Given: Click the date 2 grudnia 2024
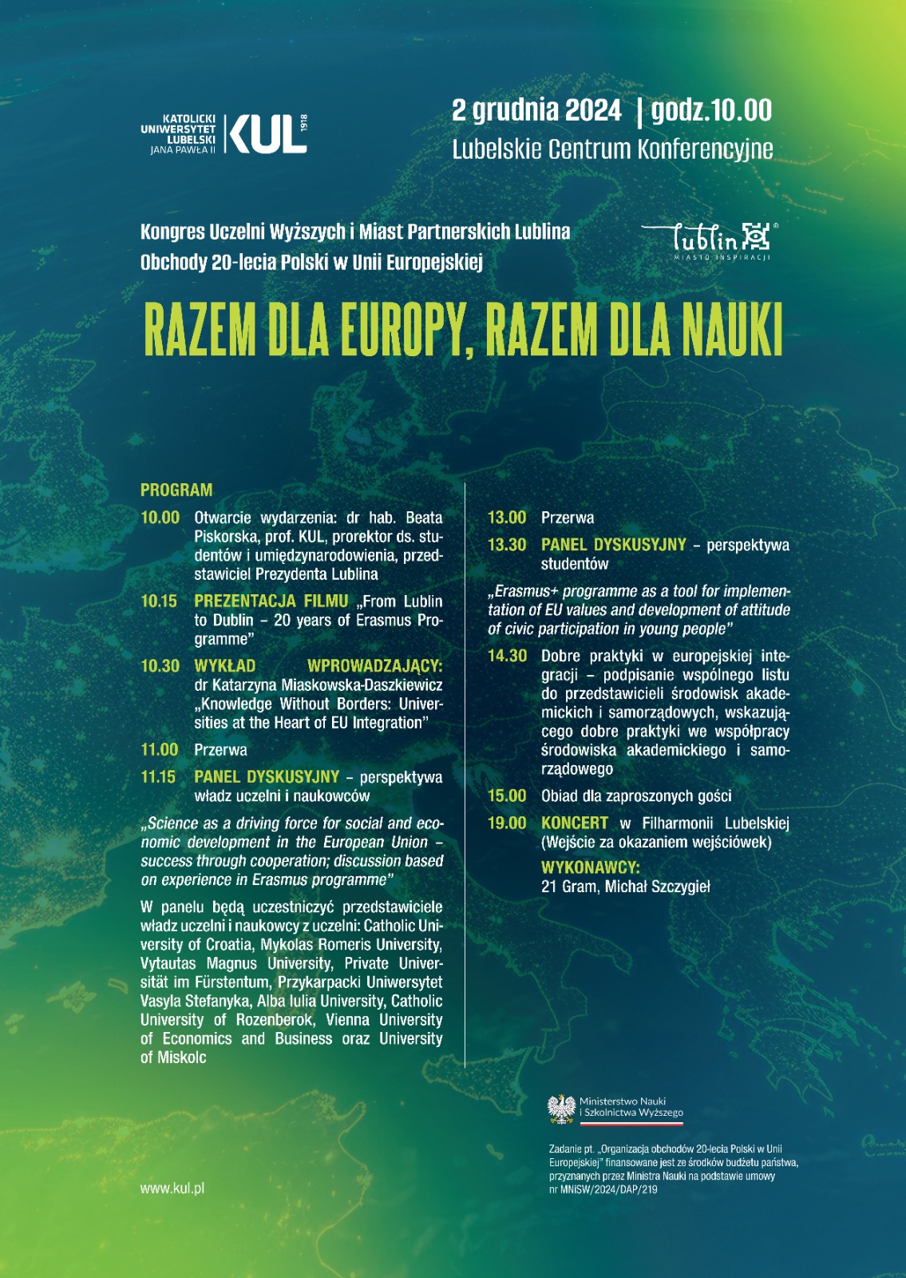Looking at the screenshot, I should coord(536,110).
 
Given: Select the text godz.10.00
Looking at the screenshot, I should coord(711,110).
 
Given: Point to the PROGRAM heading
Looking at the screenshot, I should coord(176,490).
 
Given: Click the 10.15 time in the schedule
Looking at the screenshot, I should coord(159,601).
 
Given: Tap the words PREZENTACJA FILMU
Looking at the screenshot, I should coord(271,601).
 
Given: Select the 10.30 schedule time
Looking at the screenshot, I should coord(160,666).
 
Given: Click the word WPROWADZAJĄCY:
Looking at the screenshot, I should coord(374,666).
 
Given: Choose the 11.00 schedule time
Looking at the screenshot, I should coord(160,750).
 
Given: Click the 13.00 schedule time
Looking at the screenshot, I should coord(507,518).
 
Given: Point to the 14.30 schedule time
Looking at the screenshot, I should coord(507,656).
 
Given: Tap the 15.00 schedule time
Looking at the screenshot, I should coord(507,796).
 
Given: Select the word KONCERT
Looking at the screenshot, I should coord(575,824).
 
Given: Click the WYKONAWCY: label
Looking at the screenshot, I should coord(591,867).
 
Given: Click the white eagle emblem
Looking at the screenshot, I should coord(562,1109).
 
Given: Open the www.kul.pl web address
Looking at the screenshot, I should coord(172,1189).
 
